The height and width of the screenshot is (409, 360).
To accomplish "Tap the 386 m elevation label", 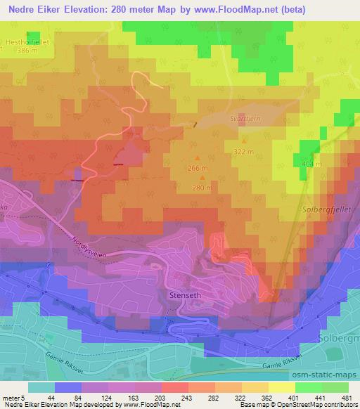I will (27, 51).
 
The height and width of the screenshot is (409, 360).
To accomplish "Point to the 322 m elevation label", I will (243, 151).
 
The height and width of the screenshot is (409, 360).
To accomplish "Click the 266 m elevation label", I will (198, 169).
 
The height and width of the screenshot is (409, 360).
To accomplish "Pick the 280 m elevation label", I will (202, 188).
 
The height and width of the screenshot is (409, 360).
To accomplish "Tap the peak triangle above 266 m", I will (197, 157).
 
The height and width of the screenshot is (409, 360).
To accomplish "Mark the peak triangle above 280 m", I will (202, 177).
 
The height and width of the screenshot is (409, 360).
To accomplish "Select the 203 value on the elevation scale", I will (148, 397).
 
